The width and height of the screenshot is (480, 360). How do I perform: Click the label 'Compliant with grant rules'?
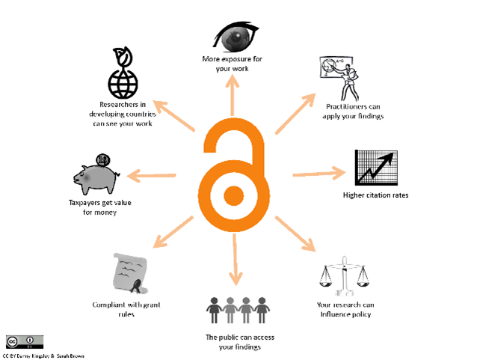point(125,308)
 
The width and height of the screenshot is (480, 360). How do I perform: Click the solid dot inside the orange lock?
point(233,196)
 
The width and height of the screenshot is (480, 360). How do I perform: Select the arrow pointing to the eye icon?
point(233,96)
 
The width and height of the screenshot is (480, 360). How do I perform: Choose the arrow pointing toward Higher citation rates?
point(317,174)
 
